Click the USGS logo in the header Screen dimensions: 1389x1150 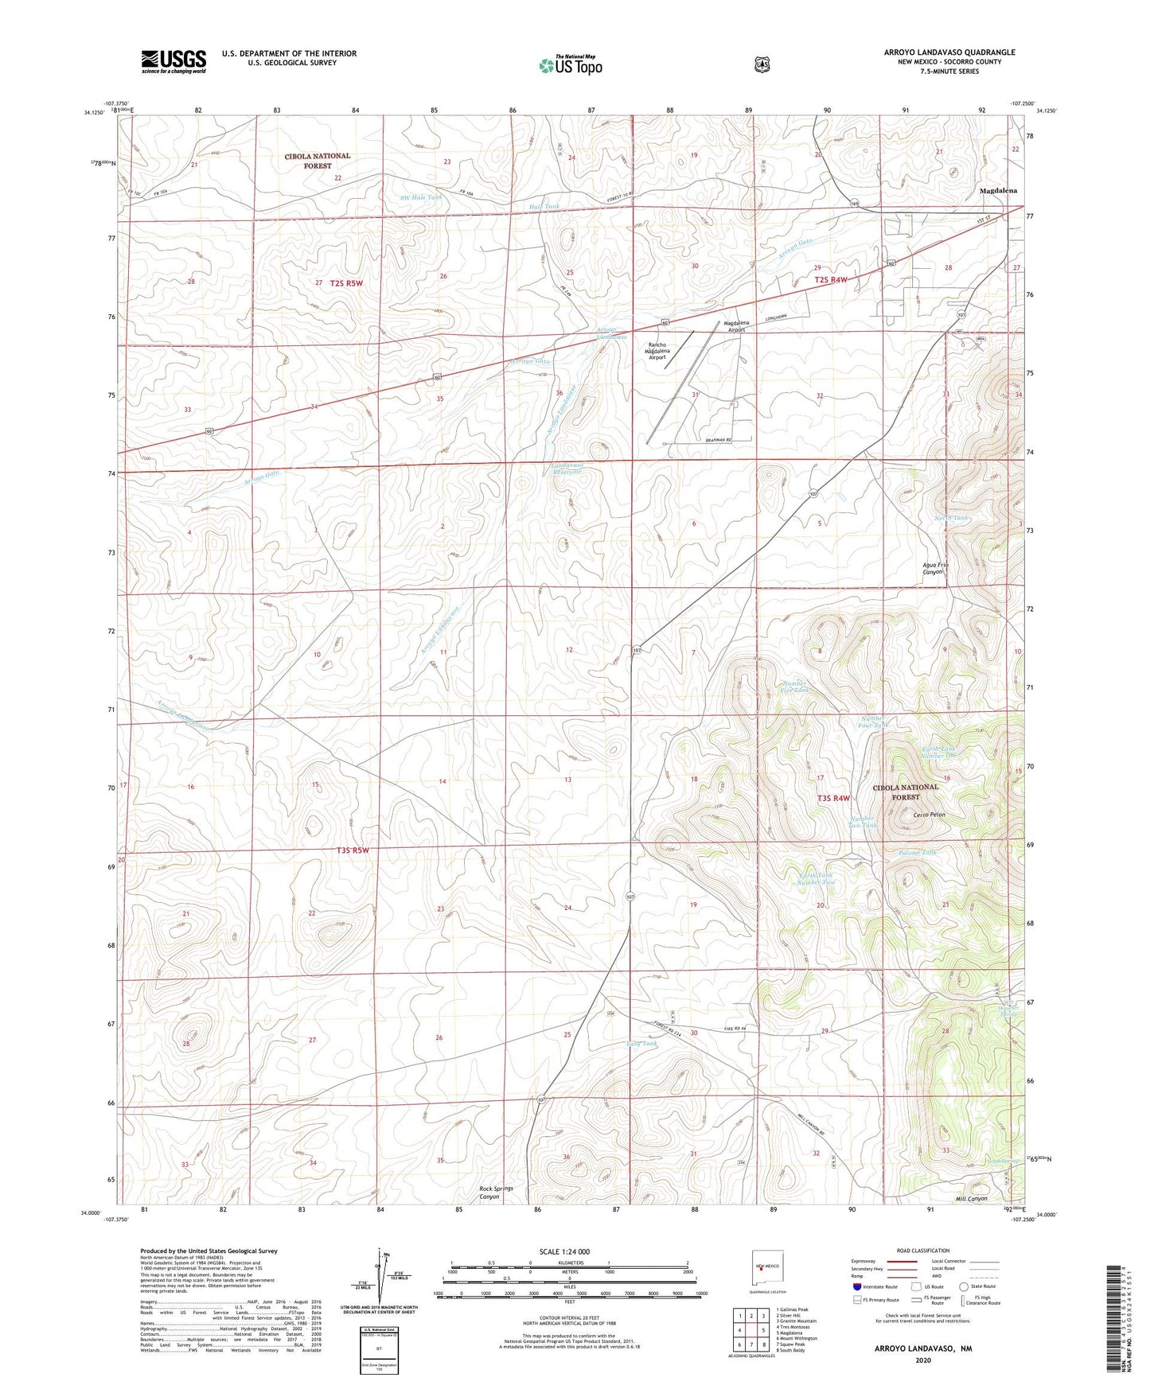(173, 61)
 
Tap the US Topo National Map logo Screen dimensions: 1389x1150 (569, 64)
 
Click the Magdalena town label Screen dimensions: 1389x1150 (997, 191)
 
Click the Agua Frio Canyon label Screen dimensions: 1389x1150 (935, 568)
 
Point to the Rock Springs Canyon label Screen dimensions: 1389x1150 (496, 1193)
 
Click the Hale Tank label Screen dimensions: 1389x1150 (544, 207)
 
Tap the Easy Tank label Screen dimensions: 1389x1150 (641, 1044)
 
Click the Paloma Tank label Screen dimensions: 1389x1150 (918, 852)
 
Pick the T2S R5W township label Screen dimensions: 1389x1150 (346, 283)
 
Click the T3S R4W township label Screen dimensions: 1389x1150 (833, 798)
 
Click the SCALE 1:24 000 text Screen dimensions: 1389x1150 (569, 1251)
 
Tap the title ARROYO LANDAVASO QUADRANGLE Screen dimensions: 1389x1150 (949, 53)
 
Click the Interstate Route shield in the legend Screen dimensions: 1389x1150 (857, 1286)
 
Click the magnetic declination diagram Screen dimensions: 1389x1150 (378, 1275)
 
